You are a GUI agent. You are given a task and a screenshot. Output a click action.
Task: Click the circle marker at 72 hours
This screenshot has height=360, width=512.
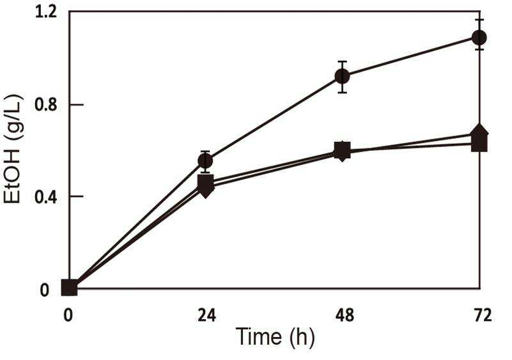479,38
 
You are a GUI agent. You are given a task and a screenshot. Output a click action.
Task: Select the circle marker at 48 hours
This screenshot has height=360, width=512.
342,77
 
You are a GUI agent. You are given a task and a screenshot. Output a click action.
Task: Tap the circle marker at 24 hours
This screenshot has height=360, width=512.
205,160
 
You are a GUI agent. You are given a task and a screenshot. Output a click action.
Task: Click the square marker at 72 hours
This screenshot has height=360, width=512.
479,144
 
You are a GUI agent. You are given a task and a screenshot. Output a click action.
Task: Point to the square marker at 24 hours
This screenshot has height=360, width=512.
206,182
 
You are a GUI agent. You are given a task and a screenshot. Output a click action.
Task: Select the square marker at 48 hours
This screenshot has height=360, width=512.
343,150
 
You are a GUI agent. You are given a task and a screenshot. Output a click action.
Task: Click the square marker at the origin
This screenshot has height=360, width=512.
69,288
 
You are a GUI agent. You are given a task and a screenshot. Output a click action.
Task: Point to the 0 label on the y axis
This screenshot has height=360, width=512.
44,290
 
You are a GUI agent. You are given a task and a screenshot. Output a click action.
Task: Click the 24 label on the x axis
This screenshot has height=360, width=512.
207,316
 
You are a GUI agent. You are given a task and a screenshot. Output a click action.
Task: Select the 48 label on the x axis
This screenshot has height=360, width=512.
345,316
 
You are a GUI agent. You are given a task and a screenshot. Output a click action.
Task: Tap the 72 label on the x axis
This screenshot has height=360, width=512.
483,316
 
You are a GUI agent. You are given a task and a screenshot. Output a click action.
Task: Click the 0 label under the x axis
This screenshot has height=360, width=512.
68,316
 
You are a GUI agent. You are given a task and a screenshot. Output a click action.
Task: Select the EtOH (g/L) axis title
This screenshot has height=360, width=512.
12,149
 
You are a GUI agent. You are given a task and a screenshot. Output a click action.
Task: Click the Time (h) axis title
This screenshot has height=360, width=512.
275,337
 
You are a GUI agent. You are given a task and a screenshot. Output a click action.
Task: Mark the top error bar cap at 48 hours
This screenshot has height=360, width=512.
342,61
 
